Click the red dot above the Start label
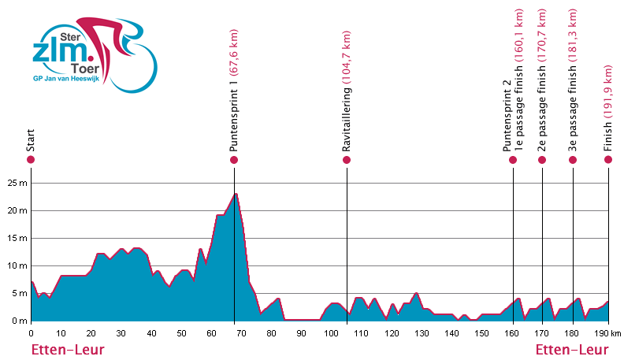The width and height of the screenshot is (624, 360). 31,160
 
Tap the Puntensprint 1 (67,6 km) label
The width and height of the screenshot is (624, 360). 234,87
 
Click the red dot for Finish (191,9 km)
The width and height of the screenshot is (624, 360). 608,160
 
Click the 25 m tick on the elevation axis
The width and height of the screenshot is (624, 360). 16,183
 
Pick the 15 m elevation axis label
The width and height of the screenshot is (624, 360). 16,238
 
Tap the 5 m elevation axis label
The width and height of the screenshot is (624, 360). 18,293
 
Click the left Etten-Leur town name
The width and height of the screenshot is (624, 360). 68,349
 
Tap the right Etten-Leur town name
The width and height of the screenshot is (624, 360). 572,349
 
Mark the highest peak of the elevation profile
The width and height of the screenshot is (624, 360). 236,194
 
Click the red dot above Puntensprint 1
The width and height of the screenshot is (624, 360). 234,160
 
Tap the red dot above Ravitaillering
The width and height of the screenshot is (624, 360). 347,160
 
